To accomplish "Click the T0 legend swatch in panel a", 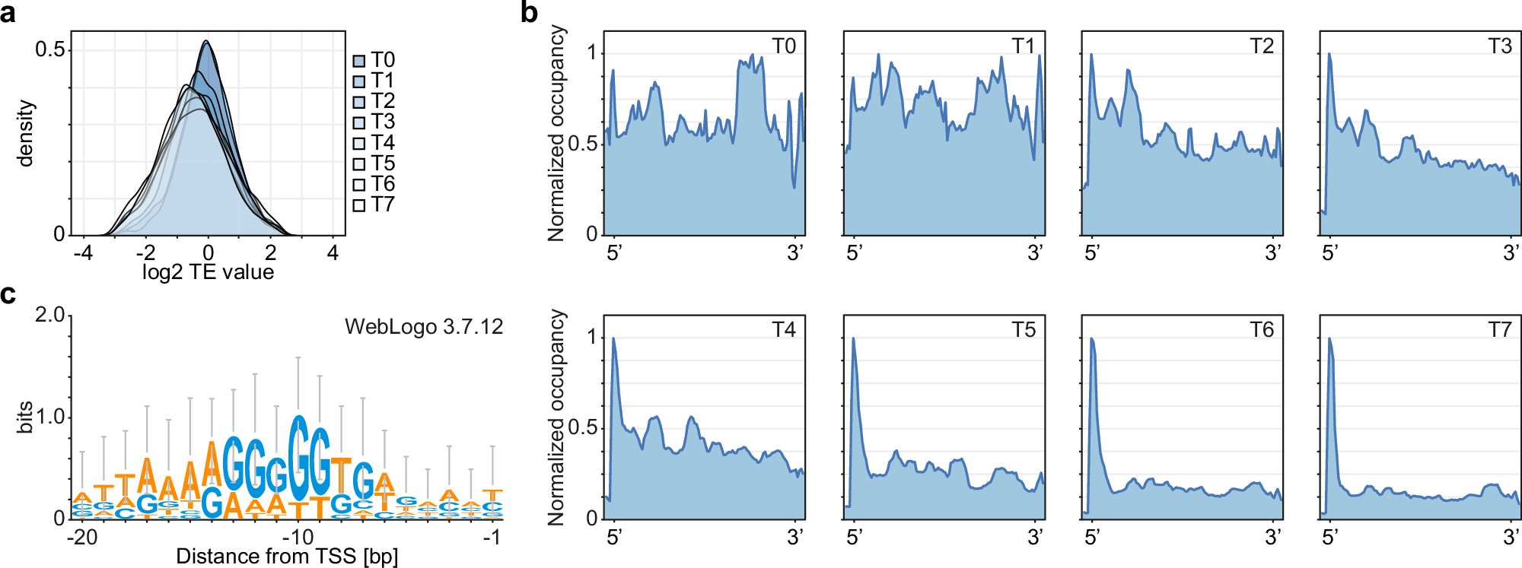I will [359, 61].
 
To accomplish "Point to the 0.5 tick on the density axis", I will [49, 49].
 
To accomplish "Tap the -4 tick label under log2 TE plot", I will [83, 253].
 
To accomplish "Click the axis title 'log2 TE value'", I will [208, 272].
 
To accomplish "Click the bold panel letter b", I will [530, 13].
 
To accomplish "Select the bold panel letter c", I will [8, 294].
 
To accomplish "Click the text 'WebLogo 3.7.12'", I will [424, 327].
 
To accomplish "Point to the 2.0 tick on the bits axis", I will [49, 315].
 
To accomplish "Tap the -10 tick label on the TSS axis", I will [298, 537].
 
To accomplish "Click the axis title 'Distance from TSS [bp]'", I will [287, 557].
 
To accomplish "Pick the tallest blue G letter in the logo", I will [299, 456].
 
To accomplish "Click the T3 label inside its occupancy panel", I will [1500, 46].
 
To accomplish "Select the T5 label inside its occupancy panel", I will [1024, 330].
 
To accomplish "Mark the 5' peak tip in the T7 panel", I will [1329, 338].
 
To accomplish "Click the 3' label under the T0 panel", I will [795, 253].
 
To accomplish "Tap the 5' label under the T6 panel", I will [1092, 538].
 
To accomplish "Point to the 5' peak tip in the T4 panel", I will [613, 338].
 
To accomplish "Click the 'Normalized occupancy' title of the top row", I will [557, 133].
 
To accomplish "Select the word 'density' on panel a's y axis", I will [26, 133].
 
